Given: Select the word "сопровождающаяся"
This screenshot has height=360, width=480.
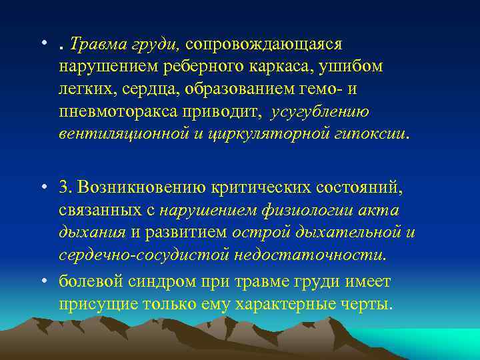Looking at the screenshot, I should tap(264, 45).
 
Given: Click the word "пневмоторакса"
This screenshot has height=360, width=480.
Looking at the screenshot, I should tap(108, 111).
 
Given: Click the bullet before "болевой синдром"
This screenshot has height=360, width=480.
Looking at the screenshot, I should tap(44, 283).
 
